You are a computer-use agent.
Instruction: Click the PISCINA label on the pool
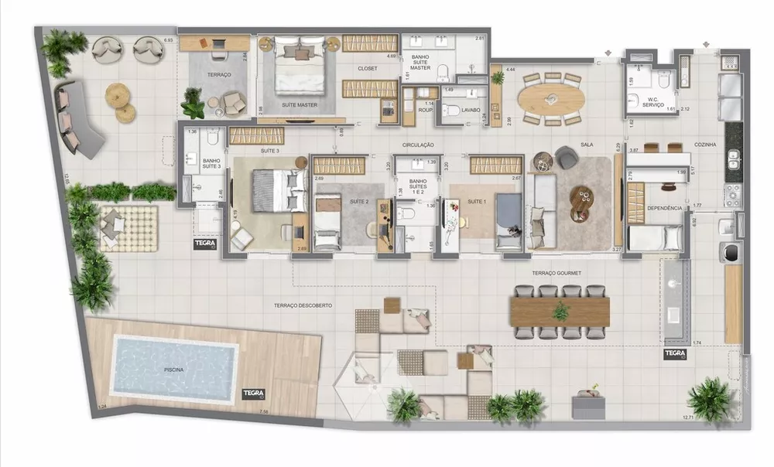[174, 370]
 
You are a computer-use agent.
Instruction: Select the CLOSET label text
[368, 69]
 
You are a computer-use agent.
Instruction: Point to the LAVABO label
[471, 111]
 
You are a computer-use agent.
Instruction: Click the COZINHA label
[705, 145]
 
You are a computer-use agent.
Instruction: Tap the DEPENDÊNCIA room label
[664, 208]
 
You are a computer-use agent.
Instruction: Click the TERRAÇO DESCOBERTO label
[303, 305]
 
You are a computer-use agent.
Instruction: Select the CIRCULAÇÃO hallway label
[418, 145]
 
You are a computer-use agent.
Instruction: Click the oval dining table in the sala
[551, 98]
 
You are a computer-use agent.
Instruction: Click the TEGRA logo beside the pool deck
[254, 393]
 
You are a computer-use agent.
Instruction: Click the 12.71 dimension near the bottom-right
[688, 418]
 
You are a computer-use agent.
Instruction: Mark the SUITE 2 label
[359, 202]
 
